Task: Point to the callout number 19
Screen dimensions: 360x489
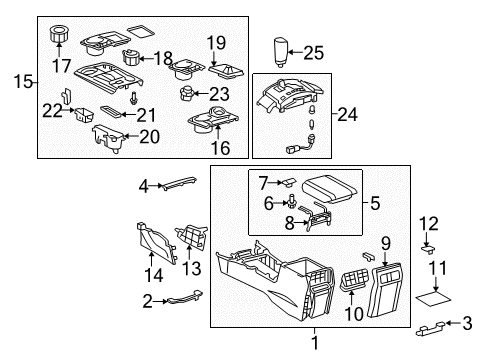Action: click(x=217, y=42)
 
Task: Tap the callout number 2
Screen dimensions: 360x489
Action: click(x=148, y=300)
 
